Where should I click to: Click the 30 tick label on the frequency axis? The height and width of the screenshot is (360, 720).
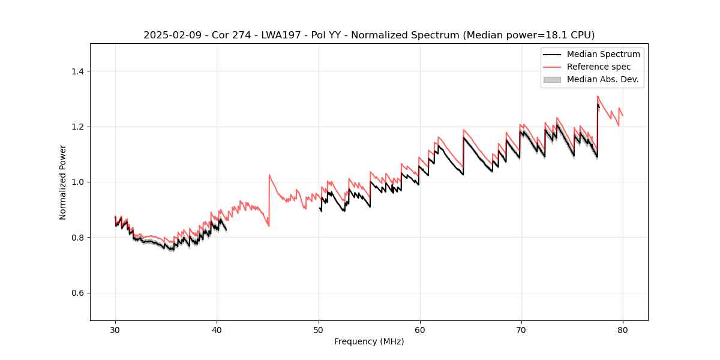pyautogui.click(x=115, y=329)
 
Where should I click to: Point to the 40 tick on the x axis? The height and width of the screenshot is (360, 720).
pyautogui.click(x=217, y=321)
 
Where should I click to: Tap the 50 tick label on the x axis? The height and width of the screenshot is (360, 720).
pyautogui.click(x=318, y=329)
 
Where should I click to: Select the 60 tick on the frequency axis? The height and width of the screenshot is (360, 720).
pyautogui.click(x=420, y=321)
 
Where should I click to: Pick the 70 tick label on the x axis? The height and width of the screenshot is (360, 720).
pyautogui.click(x=521, y=329)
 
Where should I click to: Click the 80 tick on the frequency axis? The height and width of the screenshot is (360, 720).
pyautogui.click(x=623, y=321)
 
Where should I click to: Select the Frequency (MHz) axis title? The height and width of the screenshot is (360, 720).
pyautogui.click(x=369, y=341)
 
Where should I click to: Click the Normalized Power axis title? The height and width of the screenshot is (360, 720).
pyautogui.click(x=63, y=182)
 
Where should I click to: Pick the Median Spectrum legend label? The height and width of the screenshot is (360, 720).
pyautogui.click(x=603, y=54)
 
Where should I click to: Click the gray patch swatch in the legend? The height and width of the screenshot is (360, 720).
pyautogui.click(x=552, y=79)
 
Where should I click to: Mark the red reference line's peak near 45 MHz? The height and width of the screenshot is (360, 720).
pyautogui.click(x=269, y=175)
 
